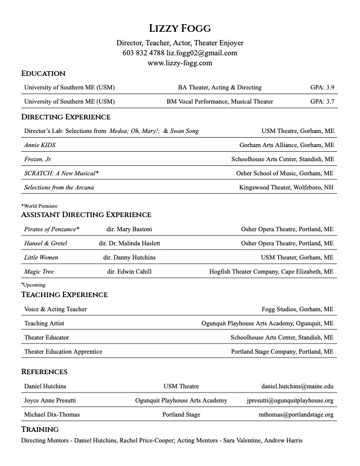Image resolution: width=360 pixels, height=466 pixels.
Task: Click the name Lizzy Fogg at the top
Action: tap(179, 28)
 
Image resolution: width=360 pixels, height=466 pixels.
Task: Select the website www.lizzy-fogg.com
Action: tap(179, 63)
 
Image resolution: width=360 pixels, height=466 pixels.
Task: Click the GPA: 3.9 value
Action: tap(322, 88)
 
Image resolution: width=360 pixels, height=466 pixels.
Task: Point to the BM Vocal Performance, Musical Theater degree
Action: tap(219, 102)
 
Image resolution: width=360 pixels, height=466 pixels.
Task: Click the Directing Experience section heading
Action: tap(65, 117)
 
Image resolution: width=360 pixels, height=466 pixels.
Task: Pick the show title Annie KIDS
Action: tap(39, 145)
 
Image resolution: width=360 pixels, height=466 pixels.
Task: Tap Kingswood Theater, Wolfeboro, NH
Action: tap(286, 188)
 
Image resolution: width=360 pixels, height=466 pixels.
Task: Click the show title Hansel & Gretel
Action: tap(45, 243)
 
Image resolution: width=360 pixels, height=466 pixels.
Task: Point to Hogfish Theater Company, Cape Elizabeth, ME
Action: tap(271, 272)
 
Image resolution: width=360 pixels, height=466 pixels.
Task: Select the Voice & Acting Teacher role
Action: tap(55, 309)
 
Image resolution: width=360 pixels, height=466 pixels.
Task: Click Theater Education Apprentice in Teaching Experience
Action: tap(63, 352)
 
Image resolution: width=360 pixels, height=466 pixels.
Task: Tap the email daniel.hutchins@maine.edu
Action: tap(298, 387)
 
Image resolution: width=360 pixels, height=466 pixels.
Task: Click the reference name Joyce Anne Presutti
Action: tap(50, 401)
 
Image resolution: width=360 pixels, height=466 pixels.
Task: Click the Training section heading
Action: tap(40, 430)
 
